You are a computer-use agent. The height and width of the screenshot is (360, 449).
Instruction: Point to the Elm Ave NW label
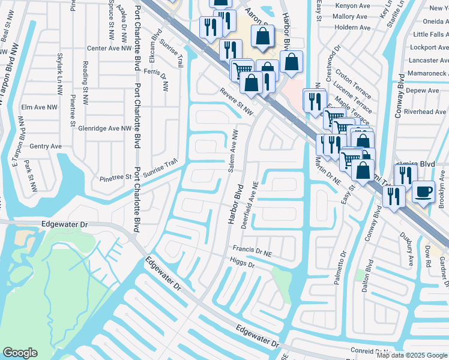click(x=39, y=107)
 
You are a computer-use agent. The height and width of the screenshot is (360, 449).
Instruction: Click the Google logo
click(x=20, y=353)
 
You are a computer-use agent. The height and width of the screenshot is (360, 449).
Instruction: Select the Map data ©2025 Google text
click(x=412, y=355)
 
